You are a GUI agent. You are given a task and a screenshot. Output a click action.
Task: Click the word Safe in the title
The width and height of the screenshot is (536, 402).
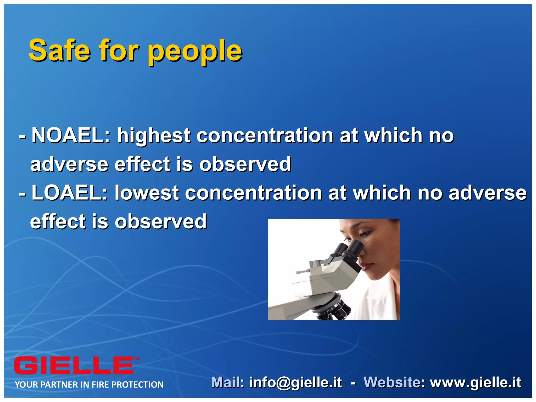[x=60, y=50]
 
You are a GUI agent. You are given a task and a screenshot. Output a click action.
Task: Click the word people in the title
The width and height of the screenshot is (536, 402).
[x=195, y=52]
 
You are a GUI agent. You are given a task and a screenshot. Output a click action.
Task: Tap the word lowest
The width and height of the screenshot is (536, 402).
[x=147, y=193]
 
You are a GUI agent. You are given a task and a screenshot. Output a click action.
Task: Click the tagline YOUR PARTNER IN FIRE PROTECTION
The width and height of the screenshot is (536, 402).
[x=89, y=384]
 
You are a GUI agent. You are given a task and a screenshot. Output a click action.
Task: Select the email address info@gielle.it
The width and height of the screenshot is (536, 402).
[x=295, y=383]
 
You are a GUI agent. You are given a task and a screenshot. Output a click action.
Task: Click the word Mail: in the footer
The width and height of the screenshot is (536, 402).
[x=227, y=382]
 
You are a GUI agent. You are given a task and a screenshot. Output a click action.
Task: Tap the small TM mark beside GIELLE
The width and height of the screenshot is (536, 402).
[x=137, y=359]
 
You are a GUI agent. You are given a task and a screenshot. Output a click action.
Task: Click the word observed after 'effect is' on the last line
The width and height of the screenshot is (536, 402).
[x=161, y=222]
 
